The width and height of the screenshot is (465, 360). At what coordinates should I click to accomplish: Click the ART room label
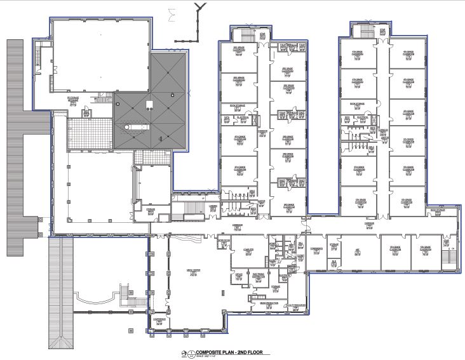[357, 251]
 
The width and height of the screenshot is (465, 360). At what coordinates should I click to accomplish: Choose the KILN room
[334, 261]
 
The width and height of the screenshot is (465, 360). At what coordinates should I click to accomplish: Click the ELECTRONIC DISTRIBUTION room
[259, 276]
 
